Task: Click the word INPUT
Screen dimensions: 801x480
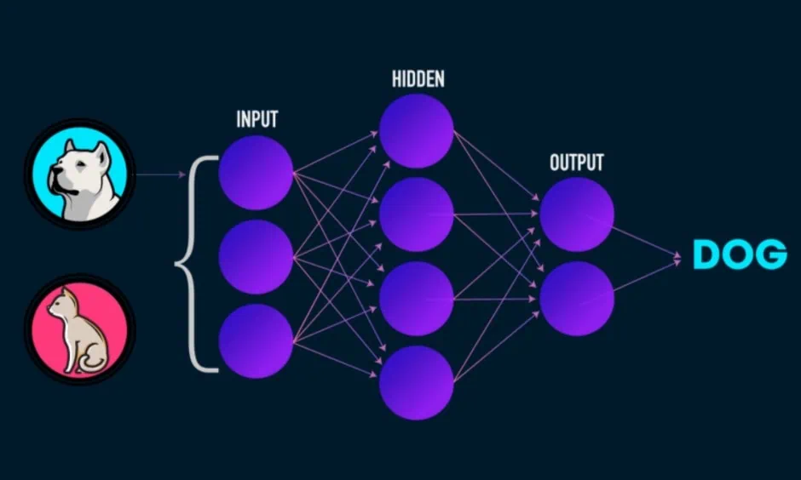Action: (257, 119)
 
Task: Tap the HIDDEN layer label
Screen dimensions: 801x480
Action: (418, 79)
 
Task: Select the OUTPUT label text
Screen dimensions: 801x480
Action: (577, 163)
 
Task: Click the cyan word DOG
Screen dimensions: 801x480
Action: (740, 254)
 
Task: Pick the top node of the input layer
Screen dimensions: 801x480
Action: (256, 173)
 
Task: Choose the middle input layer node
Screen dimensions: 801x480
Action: (256, 256)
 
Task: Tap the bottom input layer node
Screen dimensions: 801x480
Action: (256, 341)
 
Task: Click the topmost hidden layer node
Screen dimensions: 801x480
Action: (417, 130)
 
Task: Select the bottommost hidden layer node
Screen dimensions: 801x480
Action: (417, 383)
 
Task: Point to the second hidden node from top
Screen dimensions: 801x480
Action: (417, 214)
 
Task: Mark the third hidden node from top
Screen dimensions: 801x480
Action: (417, 299)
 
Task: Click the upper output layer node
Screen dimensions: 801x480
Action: (577, 214)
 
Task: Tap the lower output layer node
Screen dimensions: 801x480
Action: (577, 299)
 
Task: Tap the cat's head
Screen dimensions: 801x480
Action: (58, 301)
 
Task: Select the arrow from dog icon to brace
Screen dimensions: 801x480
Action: (160, 175)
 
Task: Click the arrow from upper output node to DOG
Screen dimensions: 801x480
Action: (645, 241)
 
